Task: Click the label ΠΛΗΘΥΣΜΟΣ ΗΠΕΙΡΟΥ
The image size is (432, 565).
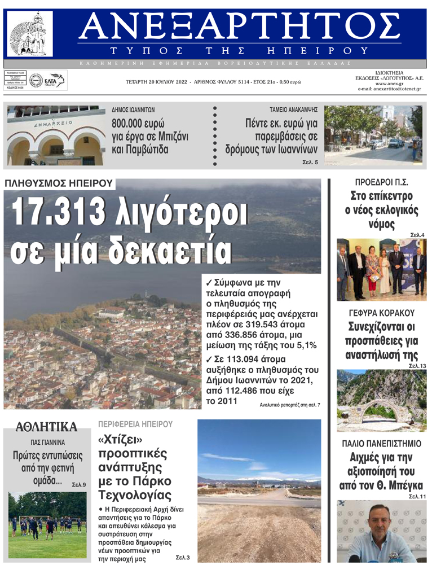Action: (58, 183)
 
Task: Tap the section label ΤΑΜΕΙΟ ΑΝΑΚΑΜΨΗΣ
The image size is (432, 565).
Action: (294, 110)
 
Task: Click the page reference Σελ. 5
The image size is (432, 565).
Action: (310, 163)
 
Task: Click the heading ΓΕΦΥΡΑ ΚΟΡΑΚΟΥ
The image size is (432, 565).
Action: (381, 313)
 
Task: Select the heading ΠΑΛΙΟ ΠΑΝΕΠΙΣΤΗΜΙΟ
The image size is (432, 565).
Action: (381, 444)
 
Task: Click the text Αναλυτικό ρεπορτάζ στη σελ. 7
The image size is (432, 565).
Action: (290, 405)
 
